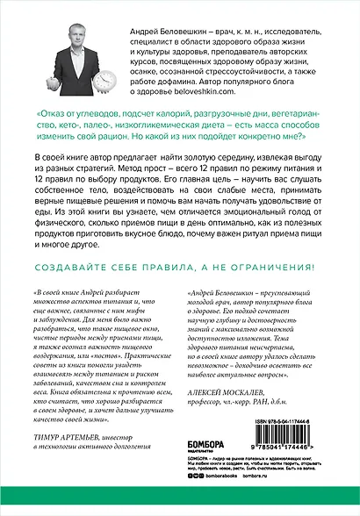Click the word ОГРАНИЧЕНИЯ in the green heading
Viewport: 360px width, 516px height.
point(270,276)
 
